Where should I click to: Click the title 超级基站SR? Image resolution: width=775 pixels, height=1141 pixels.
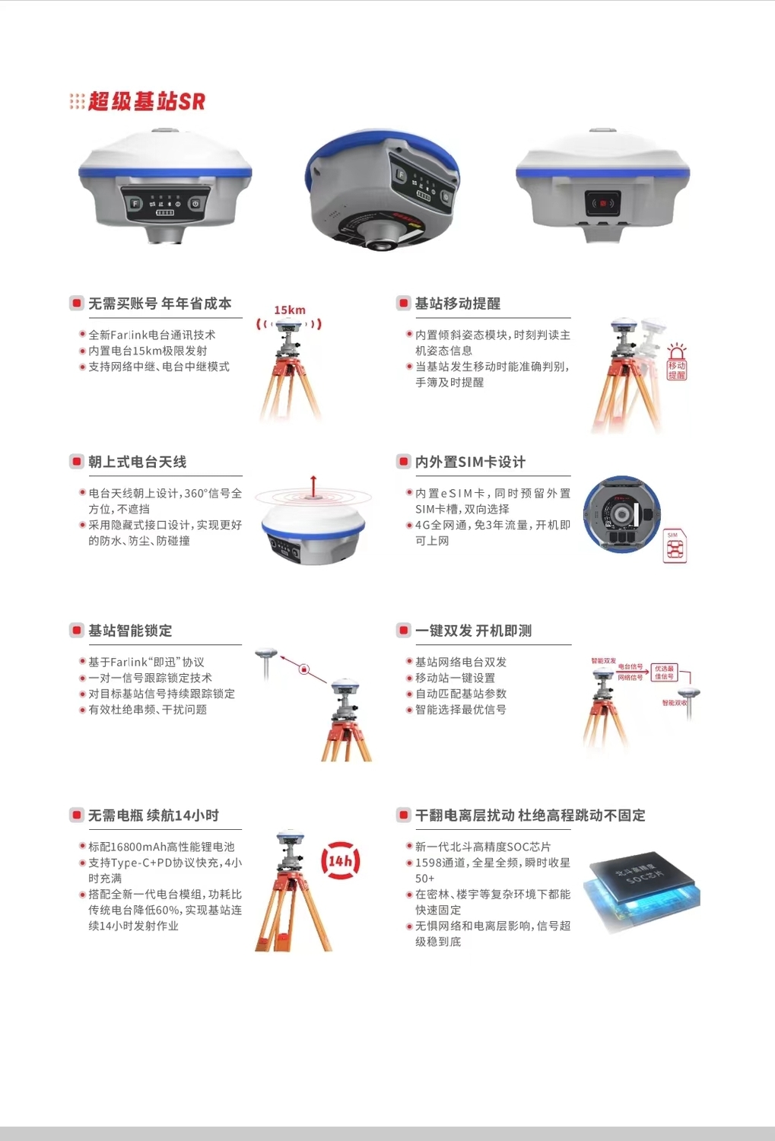pos(146,101)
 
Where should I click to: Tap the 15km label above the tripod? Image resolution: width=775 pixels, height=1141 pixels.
pos(290,310)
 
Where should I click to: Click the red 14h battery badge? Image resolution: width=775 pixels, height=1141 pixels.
pos(340,861)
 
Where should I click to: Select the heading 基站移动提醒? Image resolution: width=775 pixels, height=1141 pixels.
pos(457,304)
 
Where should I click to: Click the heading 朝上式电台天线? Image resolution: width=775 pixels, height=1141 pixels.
pos(137,462)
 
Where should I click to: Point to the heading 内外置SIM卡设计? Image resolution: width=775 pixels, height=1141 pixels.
pos(469,462)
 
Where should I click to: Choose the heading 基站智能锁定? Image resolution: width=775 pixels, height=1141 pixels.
pos(130,631)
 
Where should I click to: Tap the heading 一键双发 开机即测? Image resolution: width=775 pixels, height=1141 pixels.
pos(473,631)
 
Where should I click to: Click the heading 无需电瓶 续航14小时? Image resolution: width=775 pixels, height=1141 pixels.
pos(153,815)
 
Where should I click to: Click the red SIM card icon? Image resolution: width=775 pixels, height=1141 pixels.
pos(675,546)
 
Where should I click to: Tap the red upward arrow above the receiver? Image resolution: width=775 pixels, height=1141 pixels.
pos(313,485)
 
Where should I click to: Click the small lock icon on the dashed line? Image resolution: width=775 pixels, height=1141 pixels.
pos(304,669)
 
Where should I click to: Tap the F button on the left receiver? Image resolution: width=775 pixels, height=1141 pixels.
pos(135,203)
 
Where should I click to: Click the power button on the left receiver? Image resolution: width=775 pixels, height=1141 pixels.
pos(195,203)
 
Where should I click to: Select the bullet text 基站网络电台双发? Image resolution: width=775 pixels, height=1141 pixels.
pos(460,663)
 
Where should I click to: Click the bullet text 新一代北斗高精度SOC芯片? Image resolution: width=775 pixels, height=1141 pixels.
pos(482,847)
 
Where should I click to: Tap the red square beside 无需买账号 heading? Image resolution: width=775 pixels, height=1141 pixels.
pos(76,304)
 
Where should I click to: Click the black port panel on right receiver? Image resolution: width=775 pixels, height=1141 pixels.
pos(602,203)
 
